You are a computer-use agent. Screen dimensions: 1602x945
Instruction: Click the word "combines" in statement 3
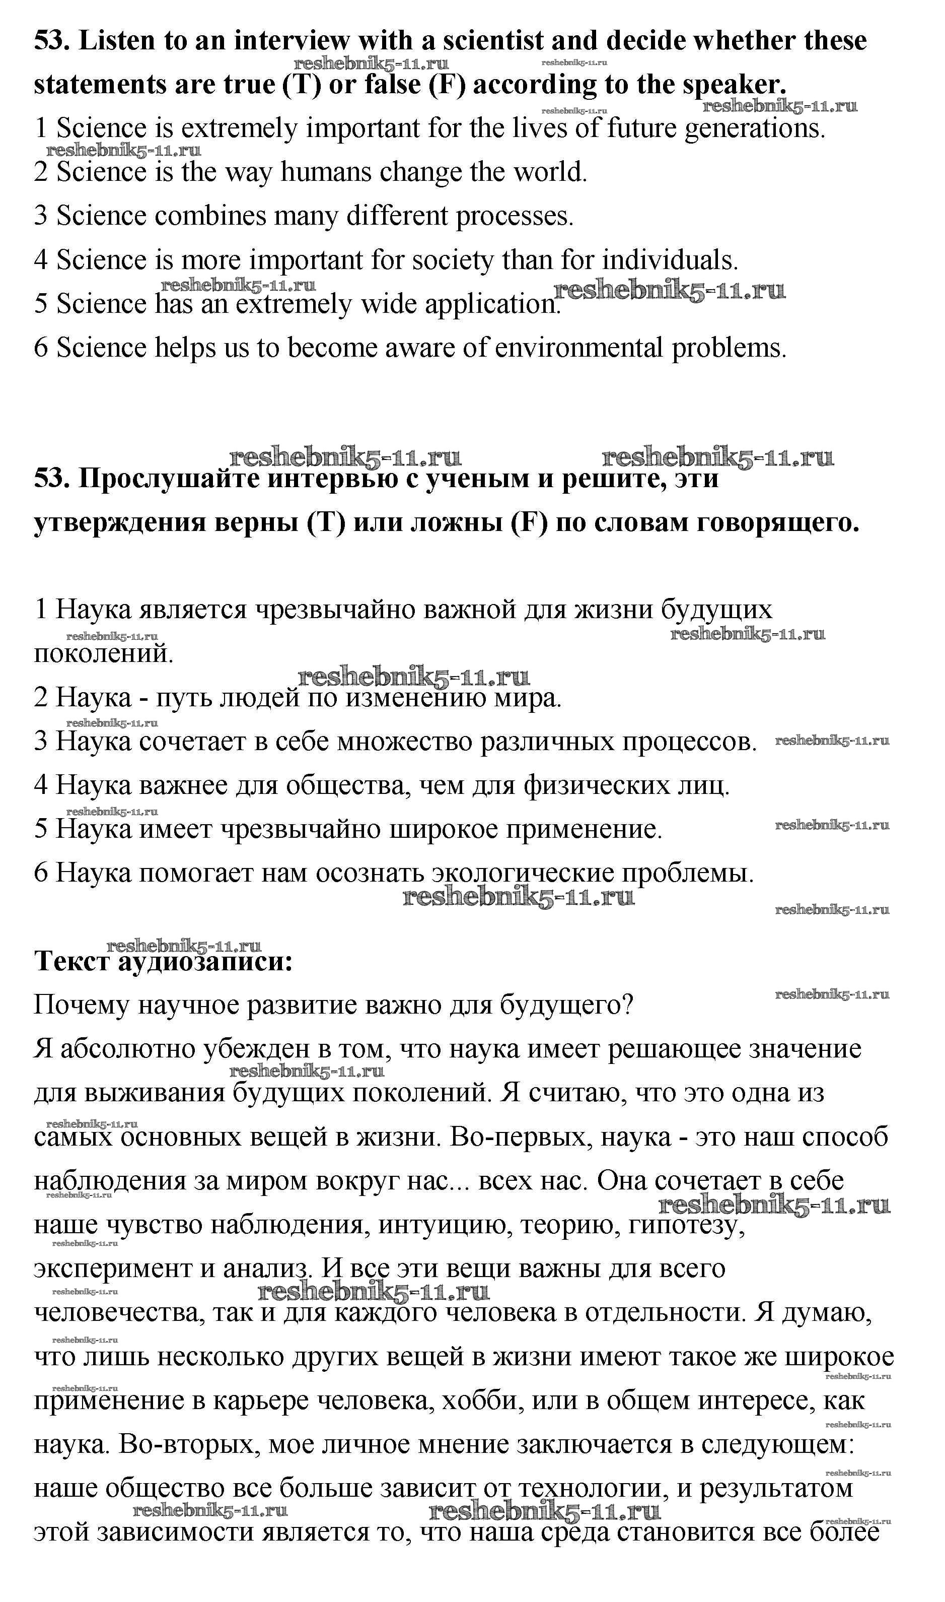pos(210,217)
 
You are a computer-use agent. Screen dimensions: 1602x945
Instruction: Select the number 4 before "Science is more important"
pos(41,260)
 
